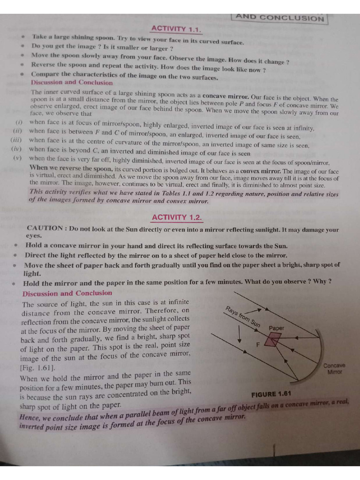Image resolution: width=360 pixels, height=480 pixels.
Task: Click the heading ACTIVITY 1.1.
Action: (x=176, y=30)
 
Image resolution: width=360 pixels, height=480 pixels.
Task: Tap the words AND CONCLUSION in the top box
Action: (x=279, y=18)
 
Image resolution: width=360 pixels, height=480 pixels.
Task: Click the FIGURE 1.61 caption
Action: (x=271, y=394)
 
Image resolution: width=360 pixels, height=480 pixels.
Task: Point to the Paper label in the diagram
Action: (x=276, y=328)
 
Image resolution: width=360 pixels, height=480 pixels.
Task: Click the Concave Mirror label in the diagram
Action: (x=334, y=368)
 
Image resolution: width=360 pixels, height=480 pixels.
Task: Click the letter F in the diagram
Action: (x=257, y=345)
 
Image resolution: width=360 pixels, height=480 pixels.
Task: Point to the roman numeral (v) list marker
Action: (x=17, y=158)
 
